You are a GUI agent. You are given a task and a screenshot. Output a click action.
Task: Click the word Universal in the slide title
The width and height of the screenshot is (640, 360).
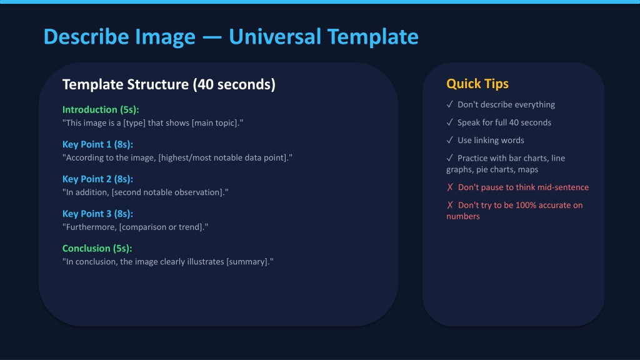[275, 36]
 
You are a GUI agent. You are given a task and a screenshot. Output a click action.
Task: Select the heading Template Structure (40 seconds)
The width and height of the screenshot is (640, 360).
[169, 84]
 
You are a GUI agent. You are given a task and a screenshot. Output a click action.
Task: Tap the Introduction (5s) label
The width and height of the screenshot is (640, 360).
[101, 109]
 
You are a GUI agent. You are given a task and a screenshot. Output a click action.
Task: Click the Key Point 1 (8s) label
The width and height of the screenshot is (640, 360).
[97, 144]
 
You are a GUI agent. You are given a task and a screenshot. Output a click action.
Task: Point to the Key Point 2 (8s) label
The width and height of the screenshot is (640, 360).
[97, 179]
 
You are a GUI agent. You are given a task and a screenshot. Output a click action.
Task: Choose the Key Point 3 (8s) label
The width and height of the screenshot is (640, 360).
[97, 214]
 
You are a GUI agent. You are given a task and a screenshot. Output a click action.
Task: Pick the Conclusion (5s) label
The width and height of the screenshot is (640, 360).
[97, 248]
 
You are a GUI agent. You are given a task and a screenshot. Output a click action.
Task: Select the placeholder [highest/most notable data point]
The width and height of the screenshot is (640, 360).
[224, 157]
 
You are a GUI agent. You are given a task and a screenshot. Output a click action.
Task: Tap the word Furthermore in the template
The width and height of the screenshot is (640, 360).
[91, 227]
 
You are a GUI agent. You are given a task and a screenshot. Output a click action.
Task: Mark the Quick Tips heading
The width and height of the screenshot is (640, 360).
[477, 84]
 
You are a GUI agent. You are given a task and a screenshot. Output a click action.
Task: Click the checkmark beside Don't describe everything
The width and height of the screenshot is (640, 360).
[450, 104]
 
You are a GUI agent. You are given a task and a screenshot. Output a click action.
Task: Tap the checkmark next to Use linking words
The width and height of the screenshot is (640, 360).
[450, 140]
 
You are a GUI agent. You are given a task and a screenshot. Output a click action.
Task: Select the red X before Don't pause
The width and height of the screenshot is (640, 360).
[450, 187]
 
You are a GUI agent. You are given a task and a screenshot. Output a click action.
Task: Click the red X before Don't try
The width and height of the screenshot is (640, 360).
[450, 205]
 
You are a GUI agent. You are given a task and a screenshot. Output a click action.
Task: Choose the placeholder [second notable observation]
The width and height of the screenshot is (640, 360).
[168, 192]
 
